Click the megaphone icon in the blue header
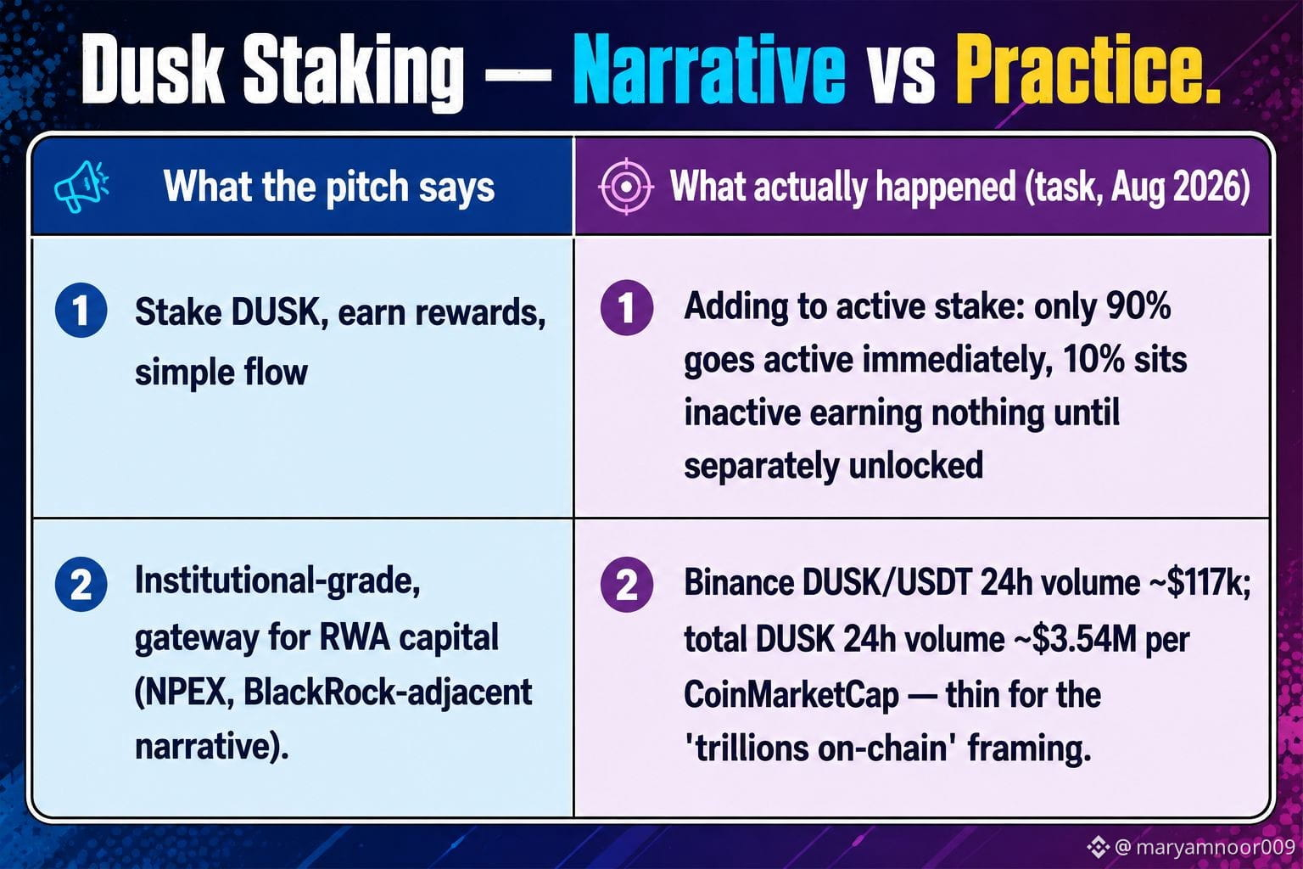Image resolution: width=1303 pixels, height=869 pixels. [81, 186]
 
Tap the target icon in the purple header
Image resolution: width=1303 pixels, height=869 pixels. [626, 186]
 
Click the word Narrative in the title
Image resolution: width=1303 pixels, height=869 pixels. [708, 69]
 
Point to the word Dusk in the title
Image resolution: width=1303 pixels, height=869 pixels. [153, 69]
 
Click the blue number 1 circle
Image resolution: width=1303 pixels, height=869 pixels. [81, 311]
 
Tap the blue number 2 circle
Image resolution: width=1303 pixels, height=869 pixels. [81, 584]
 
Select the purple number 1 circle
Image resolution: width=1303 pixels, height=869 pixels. [627, 308]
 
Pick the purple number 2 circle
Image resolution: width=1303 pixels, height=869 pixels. [627, 585]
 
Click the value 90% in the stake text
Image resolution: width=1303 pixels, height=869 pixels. [1138, 306]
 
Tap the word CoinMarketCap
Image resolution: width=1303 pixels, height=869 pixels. [791, 695]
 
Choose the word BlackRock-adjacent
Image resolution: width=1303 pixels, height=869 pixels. [388, 692]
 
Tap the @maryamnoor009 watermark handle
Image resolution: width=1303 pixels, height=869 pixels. [1204, 846]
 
